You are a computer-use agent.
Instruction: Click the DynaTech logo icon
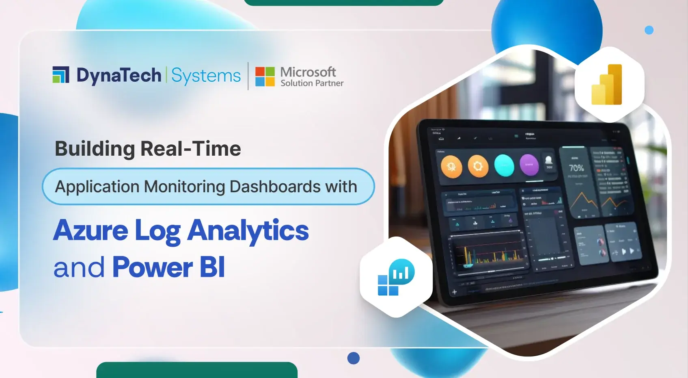tap(61, 75)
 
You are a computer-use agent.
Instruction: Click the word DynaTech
tap(119, 76)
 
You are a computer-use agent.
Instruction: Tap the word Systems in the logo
tap(206, 76)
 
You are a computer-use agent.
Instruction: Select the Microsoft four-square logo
tap(265, 76)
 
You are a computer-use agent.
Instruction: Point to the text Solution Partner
tap(312, 83)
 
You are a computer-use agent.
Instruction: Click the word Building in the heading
tap(95, 149)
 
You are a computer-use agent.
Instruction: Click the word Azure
tap(91, 230)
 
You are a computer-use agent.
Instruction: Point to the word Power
tap(152, 267)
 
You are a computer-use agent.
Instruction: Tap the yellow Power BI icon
tap(607, 85)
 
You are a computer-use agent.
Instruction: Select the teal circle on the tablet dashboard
tap(504, 165)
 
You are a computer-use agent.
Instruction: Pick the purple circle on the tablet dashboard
tap(529, 165)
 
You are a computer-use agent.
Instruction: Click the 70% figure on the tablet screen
tap(576, 168)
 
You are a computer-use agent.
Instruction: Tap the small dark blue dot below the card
tap(354, 358)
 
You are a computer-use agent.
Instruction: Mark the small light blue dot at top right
tap(649, 30)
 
